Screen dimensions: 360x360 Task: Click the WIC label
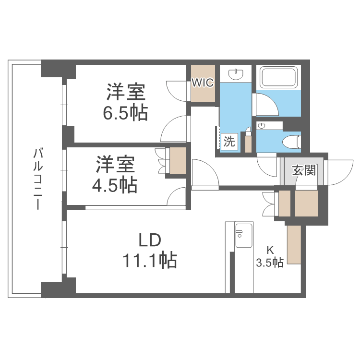click(202, 82)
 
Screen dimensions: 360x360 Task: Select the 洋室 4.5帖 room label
click(115, 174)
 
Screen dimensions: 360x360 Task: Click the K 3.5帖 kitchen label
click(270, 256)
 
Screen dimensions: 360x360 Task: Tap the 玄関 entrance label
click(303, 170)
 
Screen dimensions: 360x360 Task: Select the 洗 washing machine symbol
click(230, 142)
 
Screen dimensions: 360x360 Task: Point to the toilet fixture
click(292, 142)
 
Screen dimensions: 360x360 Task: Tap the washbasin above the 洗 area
click(235, 74)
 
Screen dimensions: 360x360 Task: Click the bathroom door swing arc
click(265, 104)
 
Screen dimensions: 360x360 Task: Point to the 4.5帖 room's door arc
click(177, 197)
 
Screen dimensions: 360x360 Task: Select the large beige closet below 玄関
click(306, 203)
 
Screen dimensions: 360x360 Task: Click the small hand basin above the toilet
click(262, 126)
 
